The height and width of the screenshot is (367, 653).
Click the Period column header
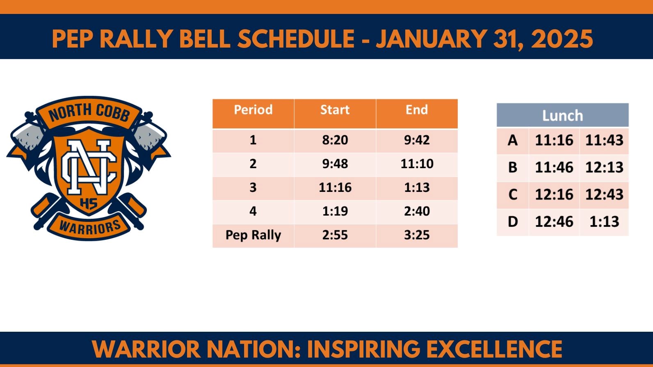tap(253, 110)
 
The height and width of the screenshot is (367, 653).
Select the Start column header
tap(335, 110)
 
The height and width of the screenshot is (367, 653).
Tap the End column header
tap(416, 110)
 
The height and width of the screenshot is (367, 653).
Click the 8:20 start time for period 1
tap(335, 140)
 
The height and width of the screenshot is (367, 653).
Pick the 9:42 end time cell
tap(416, 140)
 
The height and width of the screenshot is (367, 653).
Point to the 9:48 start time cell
tap(335, 164)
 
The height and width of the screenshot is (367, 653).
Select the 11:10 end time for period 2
tap(416, 164)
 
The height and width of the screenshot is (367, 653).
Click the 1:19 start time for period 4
tap(335, 212)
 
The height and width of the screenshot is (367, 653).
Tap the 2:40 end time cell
tap(416, 212)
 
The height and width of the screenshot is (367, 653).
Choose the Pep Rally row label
tap(253, 235)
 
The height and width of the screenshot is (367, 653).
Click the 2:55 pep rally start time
tap(335, 235)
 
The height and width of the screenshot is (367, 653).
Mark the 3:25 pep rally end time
tap(416, 235)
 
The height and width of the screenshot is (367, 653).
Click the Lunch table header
tap(562, 116)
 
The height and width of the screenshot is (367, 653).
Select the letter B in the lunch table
tap(512, 168)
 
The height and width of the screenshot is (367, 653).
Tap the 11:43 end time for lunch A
tap(604, 141)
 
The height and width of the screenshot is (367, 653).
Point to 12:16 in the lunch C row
tap(554, 195)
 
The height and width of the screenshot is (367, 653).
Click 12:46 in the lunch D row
tap(554, 222)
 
